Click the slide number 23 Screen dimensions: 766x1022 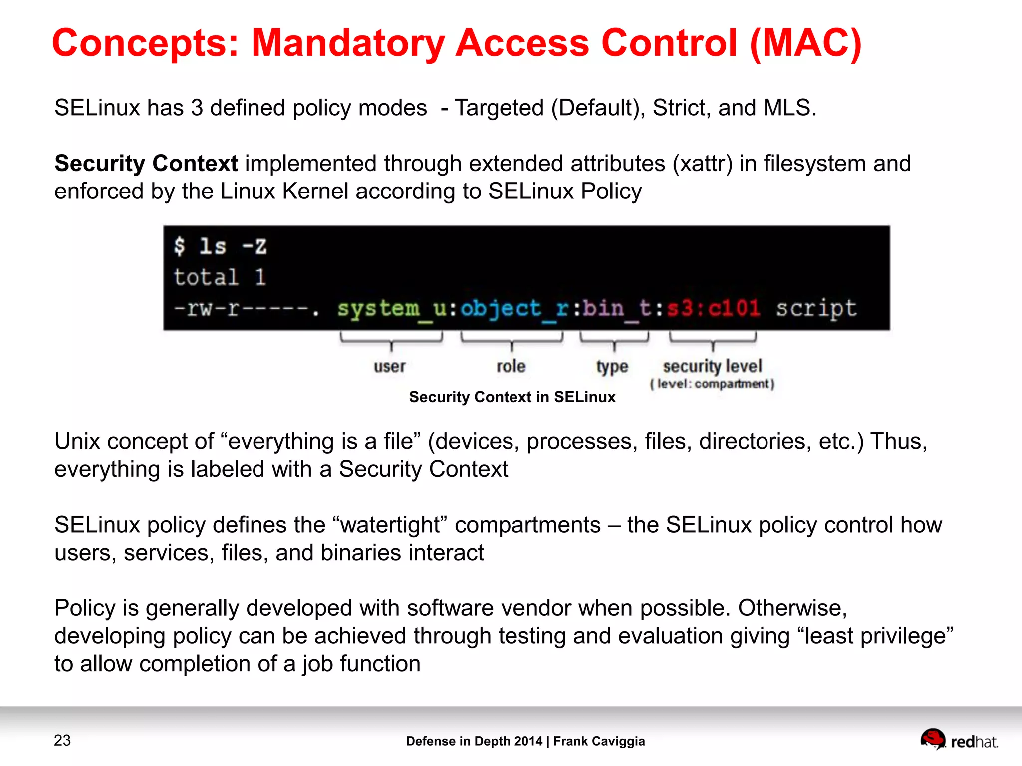click(x=62, y=740)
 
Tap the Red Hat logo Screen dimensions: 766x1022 click(x=959, y=740)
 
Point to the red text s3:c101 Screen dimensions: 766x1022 click(x=714, y=308)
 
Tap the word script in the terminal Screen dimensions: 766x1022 click(x=816, y=309)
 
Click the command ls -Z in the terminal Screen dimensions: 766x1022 click(x=233, y=246)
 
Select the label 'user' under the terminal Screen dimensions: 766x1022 click(x=390, y=366)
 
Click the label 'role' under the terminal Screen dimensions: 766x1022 click(x=511, y=366)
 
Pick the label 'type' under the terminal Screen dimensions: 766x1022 click(x=612, y=367)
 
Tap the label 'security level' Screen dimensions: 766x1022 click(x=712, y=366)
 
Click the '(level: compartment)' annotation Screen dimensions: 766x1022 click(x=712, y=384)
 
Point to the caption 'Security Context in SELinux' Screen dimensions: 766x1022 click(x=512, y=397)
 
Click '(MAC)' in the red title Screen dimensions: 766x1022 click(x=805, y=44)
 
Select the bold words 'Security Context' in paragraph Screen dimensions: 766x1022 click(x=146, y=164)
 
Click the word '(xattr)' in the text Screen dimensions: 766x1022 click(x=703, y=164)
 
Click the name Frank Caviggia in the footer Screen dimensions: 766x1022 click(x=599, y=741)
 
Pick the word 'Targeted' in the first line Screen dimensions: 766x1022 click(x=499, y=108)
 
